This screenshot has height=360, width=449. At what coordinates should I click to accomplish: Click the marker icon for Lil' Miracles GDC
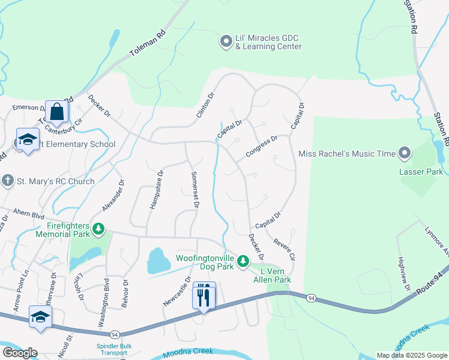226,41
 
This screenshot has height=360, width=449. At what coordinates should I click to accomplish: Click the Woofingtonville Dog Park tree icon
243,261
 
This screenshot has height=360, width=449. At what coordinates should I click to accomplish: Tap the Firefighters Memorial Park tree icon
98,229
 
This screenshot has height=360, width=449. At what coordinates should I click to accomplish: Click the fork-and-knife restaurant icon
203,295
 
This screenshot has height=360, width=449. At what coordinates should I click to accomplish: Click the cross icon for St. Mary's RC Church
7,181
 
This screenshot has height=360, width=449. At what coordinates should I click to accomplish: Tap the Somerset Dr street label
194,188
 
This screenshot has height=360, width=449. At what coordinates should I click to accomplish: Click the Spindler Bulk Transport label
113,349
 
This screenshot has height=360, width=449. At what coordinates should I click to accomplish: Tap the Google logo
20,353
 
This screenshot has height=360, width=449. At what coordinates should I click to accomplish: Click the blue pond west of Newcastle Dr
158,262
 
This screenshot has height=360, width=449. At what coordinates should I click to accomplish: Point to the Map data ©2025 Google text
411,355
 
